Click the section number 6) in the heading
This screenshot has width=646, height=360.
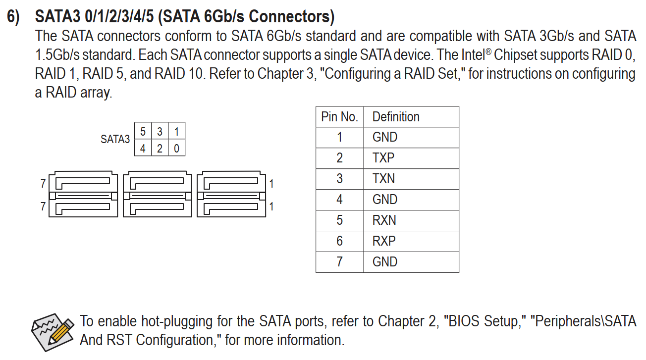coord(13,17)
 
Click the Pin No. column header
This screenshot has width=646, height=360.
coord(339,117)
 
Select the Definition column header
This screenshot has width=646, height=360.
coord(396,117)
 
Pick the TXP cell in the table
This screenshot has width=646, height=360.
coord(383,158)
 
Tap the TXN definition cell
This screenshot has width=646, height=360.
coord(383,179)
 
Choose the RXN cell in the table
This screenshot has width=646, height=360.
coord(384,220)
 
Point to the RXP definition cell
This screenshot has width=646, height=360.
coord(384,241)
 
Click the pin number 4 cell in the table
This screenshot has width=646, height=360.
coord(339,200)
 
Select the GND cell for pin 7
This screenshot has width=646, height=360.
coord(384,262)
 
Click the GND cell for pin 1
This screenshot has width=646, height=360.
coord(384,137)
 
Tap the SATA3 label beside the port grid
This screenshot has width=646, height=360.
coord(115,139)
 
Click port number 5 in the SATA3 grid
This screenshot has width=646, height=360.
coord(143,132)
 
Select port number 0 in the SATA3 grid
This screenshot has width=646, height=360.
coord(176,148)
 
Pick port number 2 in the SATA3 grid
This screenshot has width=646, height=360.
coord(160,148)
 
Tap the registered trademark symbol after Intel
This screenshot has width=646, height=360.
coord(488,51)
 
